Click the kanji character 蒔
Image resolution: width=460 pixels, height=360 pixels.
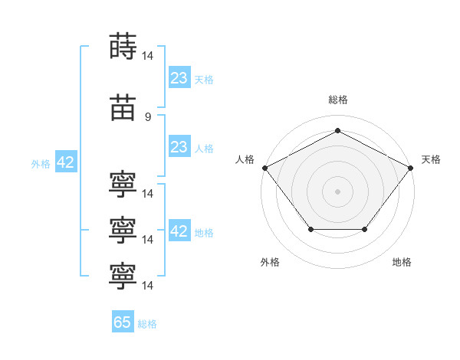click(123, 46)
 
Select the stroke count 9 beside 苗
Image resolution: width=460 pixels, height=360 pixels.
click(148, 116)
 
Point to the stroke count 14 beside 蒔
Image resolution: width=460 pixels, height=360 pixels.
click(148, 55)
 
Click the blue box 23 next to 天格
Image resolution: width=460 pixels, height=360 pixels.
click(179, 78)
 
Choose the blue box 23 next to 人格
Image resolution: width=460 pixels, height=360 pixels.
click(179, 147)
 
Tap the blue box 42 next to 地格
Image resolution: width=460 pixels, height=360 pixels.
click(179, 231)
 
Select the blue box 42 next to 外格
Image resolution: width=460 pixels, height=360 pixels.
click(65, 162)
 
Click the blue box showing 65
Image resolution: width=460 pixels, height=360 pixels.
click(123, 322)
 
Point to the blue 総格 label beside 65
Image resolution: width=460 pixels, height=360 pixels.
click(147, 324)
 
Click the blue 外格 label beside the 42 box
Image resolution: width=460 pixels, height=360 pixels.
click(41, 163)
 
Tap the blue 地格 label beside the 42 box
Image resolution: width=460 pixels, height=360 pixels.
click(204, 232)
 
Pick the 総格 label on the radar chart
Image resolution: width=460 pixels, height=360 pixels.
click(337, 100)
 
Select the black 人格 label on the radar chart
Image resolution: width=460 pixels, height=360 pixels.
click(245, 159)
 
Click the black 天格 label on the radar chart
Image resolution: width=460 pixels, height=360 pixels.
click(431, 159)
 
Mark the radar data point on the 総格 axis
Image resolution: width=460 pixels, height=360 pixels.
click(337, 130)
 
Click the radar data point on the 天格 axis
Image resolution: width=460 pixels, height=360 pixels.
click(411, 167)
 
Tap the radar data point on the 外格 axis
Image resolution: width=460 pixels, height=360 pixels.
click(310, 229)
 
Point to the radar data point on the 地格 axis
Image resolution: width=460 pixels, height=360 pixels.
click(364, 229)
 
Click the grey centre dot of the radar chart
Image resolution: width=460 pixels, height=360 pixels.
click(337, 191)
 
